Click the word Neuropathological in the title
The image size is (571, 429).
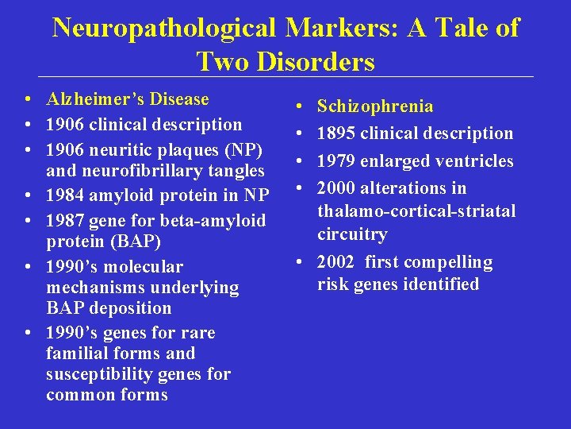click(x=163, y=28)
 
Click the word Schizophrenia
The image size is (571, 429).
click(x=375, y=106)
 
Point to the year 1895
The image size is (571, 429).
click(x=335, y=133)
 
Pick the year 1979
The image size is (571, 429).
click(x=335, y=160)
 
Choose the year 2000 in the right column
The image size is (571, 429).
click(x=335, y=188)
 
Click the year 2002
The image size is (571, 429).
click(x=335, y=262)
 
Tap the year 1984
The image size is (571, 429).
click(x=65, y=195)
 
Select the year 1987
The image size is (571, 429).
click(x=65, y=220)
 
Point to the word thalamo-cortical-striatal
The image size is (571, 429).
click(x=416, y=211)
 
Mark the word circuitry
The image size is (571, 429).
click(x=352, y=234)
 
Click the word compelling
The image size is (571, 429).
click(x=453, y=262)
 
